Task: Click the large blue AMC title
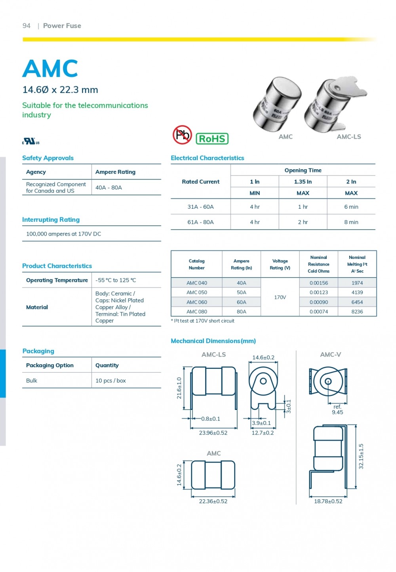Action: pos(50,69)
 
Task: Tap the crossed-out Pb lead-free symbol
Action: pos(182,135)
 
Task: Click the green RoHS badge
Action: pos(212,139)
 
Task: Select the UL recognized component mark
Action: pos(30,141)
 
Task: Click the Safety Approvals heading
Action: pos(48,158)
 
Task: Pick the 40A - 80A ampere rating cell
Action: pos(109,187)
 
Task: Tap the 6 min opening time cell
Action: pos(351,207)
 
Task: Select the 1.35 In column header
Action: pos(303,182)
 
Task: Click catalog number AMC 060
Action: pos(197,302)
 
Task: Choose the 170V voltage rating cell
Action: pos(280,297)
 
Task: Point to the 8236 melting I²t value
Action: pos(357,311)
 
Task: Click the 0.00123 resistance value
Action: pos(318,293)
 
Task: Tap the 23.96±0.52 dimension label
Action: pos(213,433)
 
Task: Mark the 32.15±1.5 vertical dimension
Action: pos(361,456)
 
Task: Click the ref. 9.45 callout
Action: pos(337,410)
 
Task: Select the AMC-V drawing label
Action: pos(330,355)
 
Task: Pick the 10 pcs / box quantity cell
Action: pos(110,381)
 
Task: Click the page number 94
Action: pos(27,26)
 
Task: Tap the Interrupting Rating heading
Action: pos(51,220)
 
